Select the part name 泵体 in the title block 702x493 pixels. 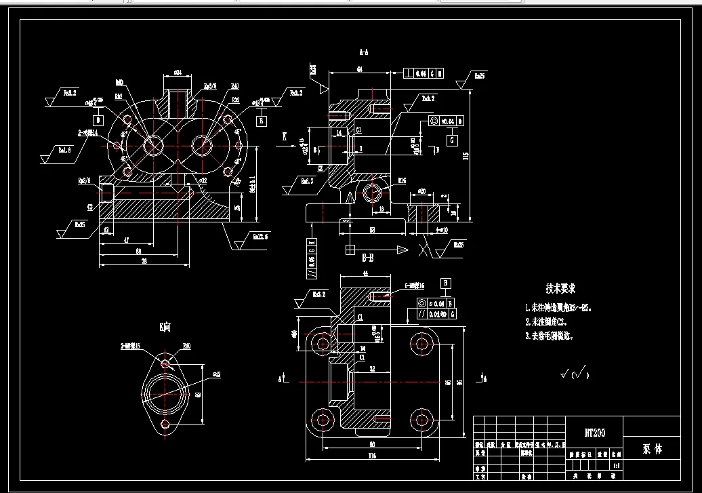point(651,449)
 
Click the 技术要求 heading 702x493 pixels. point(561,288)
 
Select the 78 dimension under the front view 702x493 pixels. point(143,261)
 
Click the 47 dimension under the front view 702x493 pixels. point(127,240)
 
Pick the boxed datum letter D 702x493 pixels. point(98,120)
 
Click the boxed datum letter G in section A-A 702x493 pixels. point(451,140)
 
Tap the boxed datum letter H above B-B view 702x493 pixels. point(445,283)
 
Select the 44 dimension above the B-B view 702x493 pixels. point(367,273)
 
